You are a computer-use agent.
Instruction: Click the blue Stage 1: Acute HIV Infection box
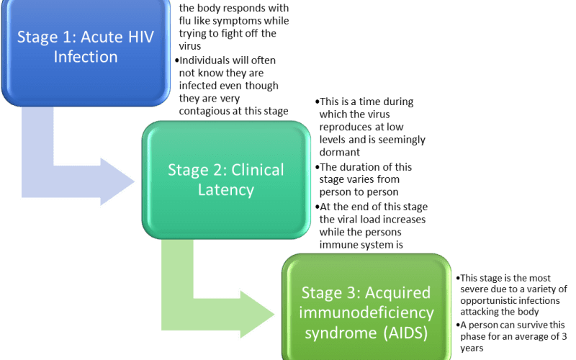coord(86,51)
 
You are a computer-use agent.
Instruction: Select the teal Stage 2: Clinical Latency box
coord(226,179)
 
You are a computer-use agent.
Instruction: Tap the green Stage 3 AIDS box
coord(366,307)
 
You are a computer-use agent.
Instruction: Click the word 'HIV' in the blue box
coord(140,37)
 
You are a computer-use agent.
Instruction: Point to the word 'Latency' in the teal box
coord(226,190)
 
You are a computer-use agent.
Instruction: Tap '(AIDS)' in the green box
coord(406,333)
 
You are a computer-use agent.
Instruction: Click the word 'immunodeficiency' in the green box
coord(366,313)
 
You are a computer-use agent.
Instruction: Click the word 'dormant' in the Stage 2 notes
coord(339,152)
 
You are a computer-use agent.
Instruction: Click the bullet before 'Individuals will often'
coord(176,60)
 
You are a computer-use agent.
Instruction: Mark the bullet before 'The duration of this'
coord(317,168)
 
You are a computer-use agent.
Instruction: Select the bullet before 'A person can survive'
coord(458,325)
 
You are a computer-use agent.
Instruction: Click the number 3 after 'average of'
coord(564,336)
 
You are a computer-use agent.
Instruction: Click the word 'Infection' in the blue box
coord(86,57)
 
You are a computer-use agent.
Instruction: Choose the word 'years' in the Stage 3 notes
coord(472,348)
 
